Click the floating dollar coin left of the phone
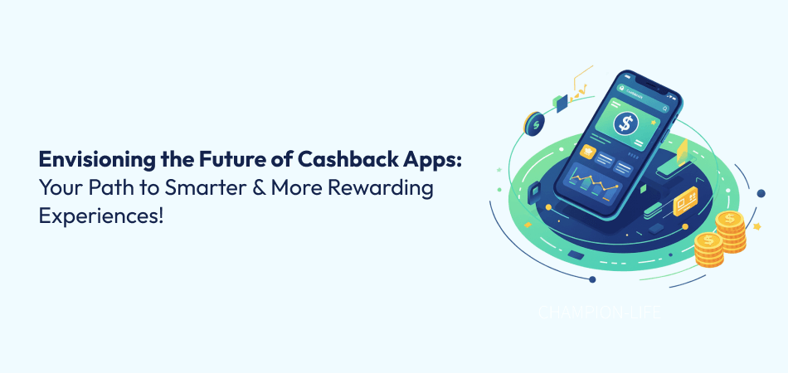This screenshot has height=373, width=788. point(533,124)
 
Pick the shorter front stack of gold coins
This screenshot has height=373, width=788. point(709,249)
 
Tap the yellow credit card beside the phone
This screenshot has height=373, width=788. point(687,202)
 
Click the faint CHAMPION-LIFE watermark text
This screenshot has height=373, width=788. point(600,314)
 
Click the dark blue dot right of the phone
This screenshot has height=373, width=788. point(761,193)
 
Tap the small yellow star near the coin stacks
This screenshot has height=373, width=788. point(756,225)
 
